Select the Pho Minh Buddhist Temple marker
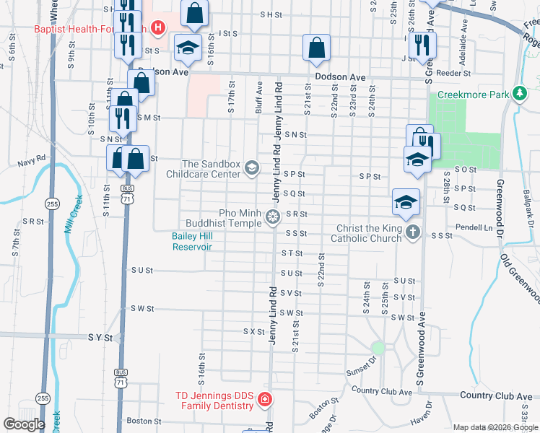click(272, 216)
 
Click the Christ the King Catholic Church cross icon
click(412, 232)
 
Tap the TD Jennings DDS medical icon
click(265, 399)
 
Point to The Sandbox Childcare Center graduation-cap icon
click(251, 168)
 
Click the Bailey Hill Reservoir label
click(192, 241)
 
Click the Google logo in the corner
click(24, 424)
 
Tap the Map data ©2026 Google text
click(495, 427)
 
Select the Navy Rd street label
click(32, 157)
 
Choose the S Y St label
click(102, 337)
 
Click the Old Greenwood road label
click(525, 275)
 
